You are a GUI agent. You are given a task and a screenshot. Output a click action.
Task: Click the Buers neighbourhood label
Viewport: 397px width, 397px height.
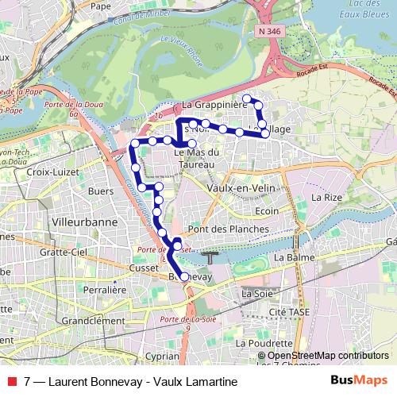pyautogui.click(x=101, y=191)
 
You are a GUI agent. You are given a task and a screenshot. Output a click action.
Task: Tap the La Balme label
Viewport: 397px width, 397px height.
pyautogui.click(x=290, y=258)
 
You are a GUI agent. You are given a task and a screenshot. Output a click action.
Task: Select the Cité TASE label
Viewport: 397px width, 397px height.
pyautogui.click(x=287, y=313)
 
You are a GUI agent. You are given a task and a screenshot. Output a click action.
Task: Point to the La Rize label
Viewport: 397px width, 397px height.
pyautogui.click(x=326, y=196)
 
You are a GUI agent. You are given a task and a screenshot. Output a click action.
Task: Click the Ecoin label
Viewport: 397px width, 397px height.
pyautogui.click(x=268, y=211)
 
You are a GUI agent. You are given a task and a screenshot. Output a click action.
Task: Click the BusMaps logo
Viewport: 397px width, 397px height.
pyautogui.click(x=364, y=381)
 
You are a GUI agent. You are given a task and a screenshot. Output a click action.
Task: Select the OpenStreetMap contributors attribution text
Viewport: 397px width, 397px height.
pyautogui.click(x=328, y=357)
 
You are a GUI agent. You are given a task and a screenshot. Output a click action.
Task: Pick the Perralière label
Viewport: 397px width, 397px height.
pyautogui.click(x=106, y=291)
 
